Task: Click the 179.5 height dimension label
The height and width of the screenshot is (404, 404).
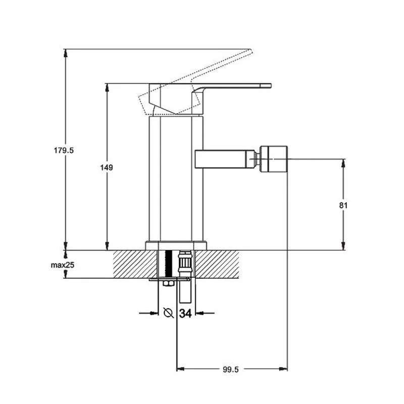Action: tap(64, 150)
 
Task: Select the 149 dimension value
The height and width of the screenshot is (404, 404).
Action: tap(107, 168)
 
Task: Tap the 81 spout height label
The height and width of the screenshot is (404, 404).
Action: tap(343, 206)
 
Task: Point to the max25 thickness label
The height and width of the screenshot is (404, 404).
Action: tap(62, 265)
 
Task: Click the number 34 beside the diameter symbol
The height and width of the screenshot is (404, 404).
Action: tap(185, 313)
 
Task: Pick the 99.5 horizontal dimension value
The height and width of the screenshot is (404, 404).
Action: tap(231, 370)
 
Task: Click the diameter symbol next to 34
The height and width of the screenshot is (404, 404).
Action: tap(169, 313)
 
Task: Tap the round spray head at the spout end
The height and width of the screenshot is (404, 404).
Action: tap(273, 159)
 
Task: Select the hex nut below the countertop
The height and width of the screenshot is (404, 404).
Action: tap(168, 283)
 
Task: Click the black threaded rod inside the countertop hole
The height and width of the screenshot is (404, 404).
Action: tap(168, 264)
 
